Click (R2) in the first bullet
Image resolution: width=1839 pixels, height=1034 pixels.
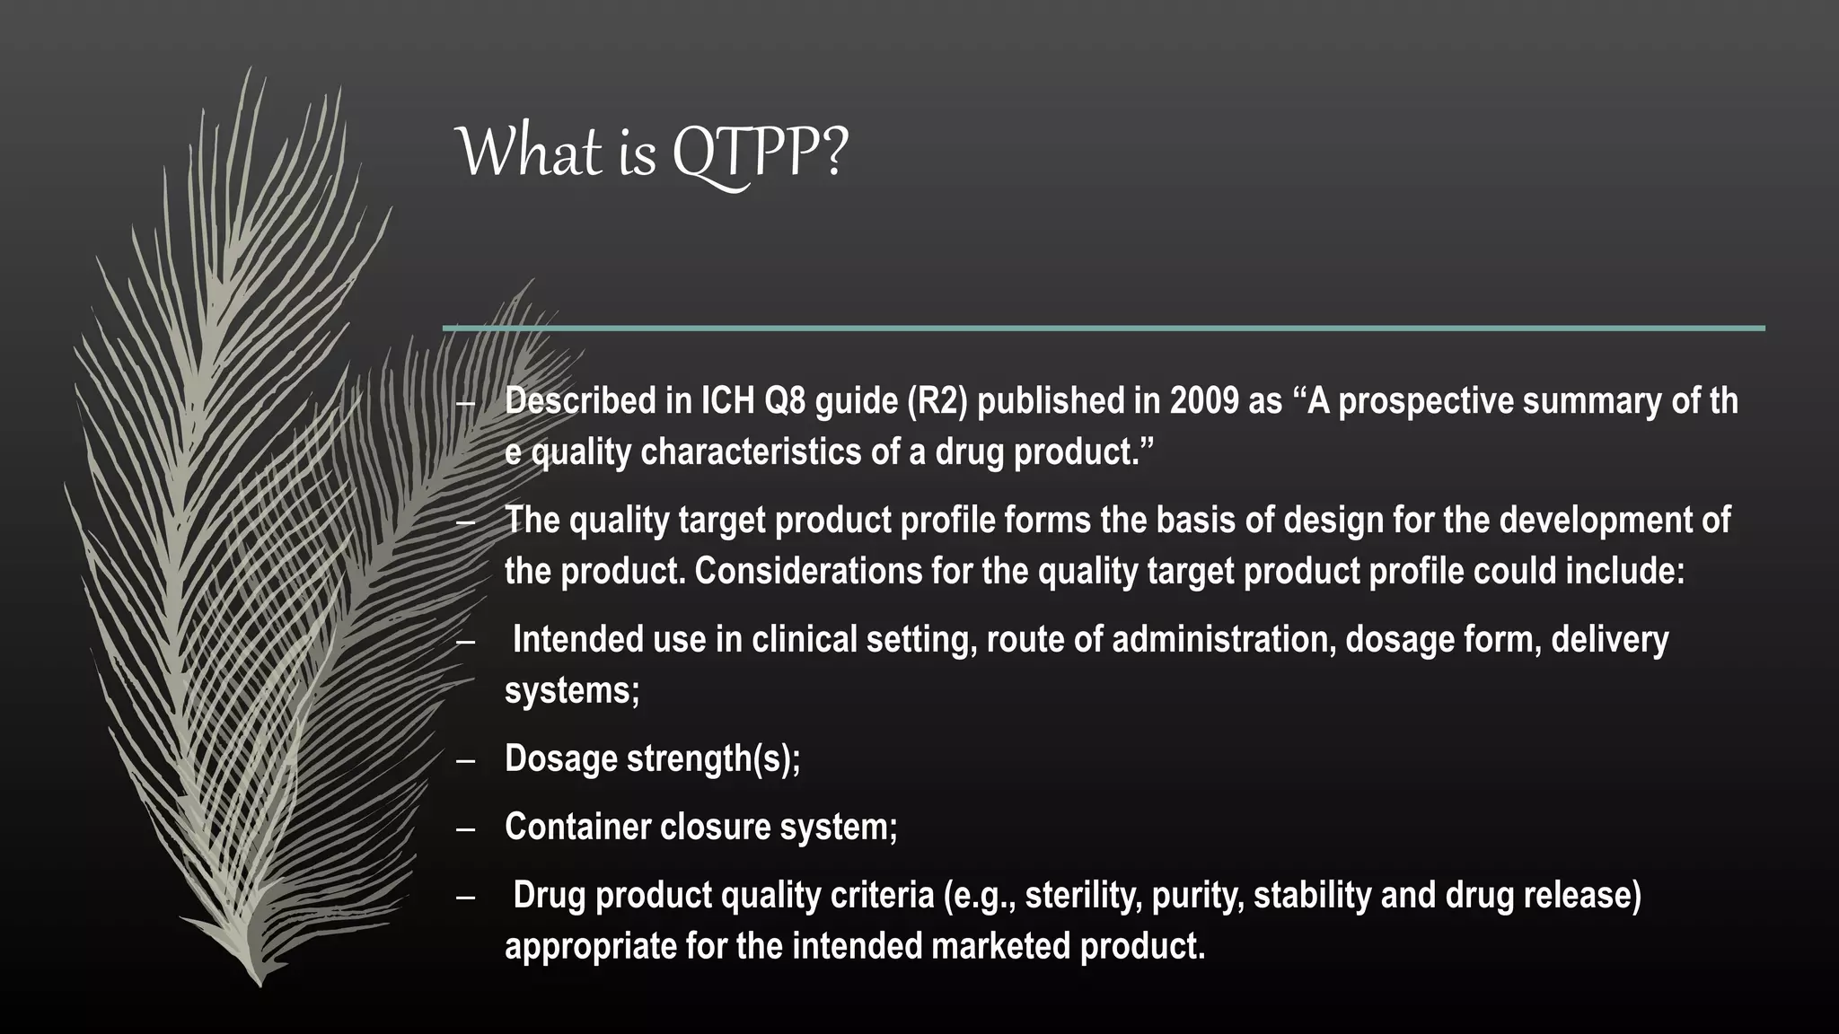pyautogui.click(x=937, y=401)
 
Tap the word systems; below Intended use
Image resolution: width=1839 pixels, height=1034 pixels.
pyautogui.click(x=572, y=690)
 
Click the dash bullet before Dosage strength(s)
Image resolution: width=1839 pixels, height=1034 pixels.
pyautogui.click(x=465, y=760)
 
